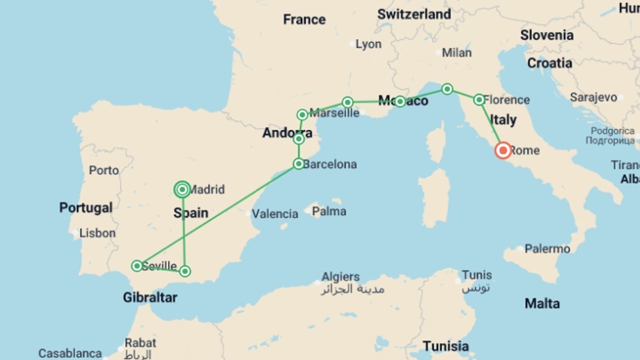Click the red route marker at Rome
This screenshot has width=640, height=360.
503,150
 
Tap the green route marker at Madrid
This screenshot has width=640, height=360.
182,190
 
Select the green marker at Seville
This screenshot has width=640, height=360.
137,266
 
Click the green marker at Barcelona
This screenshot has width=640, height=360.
299,164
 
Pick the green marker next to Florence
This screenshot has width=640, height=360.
479,99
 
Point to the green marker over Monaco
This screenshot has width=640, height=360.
400,101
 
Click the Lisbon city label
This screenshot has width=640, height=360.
97,233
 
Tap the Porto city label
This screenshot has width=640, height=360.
104,170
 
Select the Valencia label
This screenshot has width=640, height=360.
275,214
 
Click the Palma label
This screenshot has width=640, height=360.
329,211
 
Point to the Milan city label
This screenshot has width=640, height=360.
457,53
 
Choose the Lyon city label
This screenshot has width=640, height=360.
368,44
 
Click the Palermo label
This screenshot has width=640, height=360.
547,249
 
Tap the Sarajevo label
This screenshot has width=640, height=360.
593,97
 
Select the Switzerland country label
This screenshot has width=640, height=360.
414,14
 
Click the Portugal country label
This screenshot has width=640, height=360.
86,208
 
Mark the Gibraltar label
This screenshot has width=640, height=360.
150,297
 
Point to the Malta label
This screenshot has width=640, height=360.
542,304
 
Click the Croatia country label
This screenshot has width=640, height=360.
550,63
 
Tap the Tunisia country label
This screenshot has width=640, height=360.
446,346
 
